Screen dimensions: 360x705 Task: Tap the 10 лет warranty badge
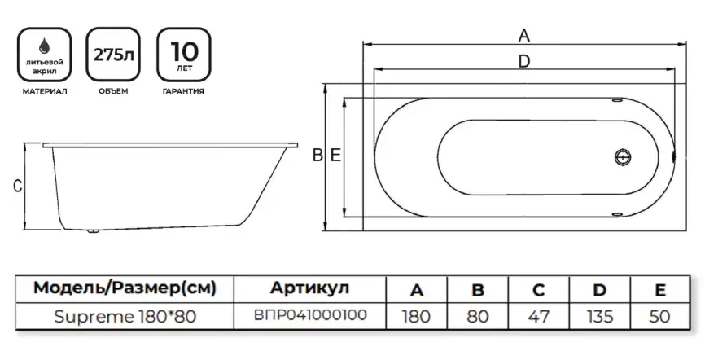(x=182, y=55)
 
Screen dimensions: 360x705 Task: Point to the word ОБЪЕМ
(x=112, y=91)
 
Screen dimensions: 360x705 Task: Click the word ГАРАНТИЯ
(x=182, y=91)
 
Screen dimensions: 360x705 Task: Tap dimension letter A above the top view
(x=524, y=35)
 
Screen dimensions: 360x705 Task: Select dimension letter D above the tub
(x=524, y=61)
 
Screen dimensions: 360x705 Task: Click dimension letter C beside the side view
(x=16, y=187)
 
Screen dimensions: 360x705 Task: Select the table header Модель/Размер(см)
(x=124, y=289)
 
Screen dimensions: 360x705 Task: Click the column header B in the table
(x=478, y=289)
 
